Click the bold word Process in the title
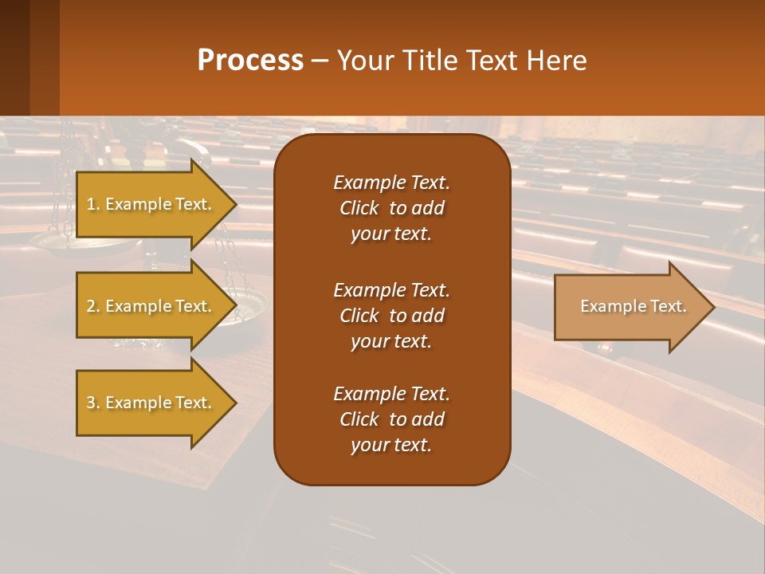pyautogui.click(x=250, y=61)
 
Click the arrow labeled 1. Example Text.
pyautogui.click(x=149, y=204)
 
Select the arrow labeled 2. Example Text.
pyautogui.click(x=149, y=306)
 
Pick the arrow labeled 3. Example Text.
pyautogui.click(x=149, y=403)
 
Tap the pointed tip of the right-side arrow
pyautogui.click(x=712, y=307)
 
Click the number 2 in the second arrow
pyautogui.click(x=91, y=306)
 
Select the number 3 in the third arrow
pyautogui.click(x=91, y=403)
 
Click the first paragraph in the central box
pyautogui.click(x=391, y=208)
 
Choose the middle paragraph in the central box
pyautogui.click(x=391, y=316)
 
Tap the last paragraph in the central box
pyautogui.click(x=391, y=419)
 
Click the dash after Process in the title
pyautogui.click(x=320, y=61)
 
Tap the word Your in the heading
pyautogui.click(x=364, y=61)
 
